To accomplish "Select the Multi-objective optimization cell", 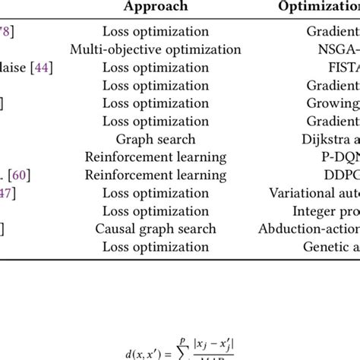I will (x=155, y=49).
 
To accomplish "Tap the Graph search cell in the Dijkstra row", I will (x=155, y=139).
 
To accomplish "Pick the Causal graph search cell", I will (x=155, y=228).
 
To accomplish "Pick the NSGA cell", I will (x=339, y=49).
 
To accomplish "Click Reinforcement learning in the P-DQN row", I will (x=155, y=157).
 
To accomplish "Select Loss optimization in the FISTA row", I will (x=155, y=68).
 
